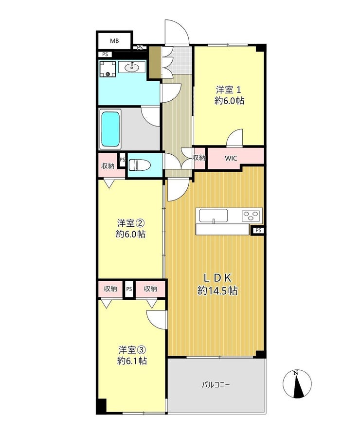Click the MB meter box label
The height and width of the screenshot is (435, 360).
[114, 40]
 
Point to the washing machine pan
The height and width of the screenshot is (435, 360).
[108, 69]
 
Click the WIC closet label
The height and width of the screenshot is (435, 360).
[231, 158]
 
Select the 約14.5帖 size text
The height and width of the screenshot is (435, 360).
[217, 291]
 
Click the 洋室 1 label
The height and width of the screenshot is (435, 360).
[229, 90]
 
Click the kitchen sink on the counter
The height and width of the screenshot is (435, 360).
[212, 215]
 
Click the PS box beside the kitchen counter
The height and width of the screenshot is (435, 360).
[258, 231]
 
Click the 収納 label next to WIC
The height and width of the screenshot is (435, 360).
[199, 158]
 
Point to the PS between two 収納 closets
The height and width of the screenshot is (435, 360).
[129, 289]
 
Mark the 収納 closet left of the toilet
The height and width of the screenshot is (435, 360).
[108, 166]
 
